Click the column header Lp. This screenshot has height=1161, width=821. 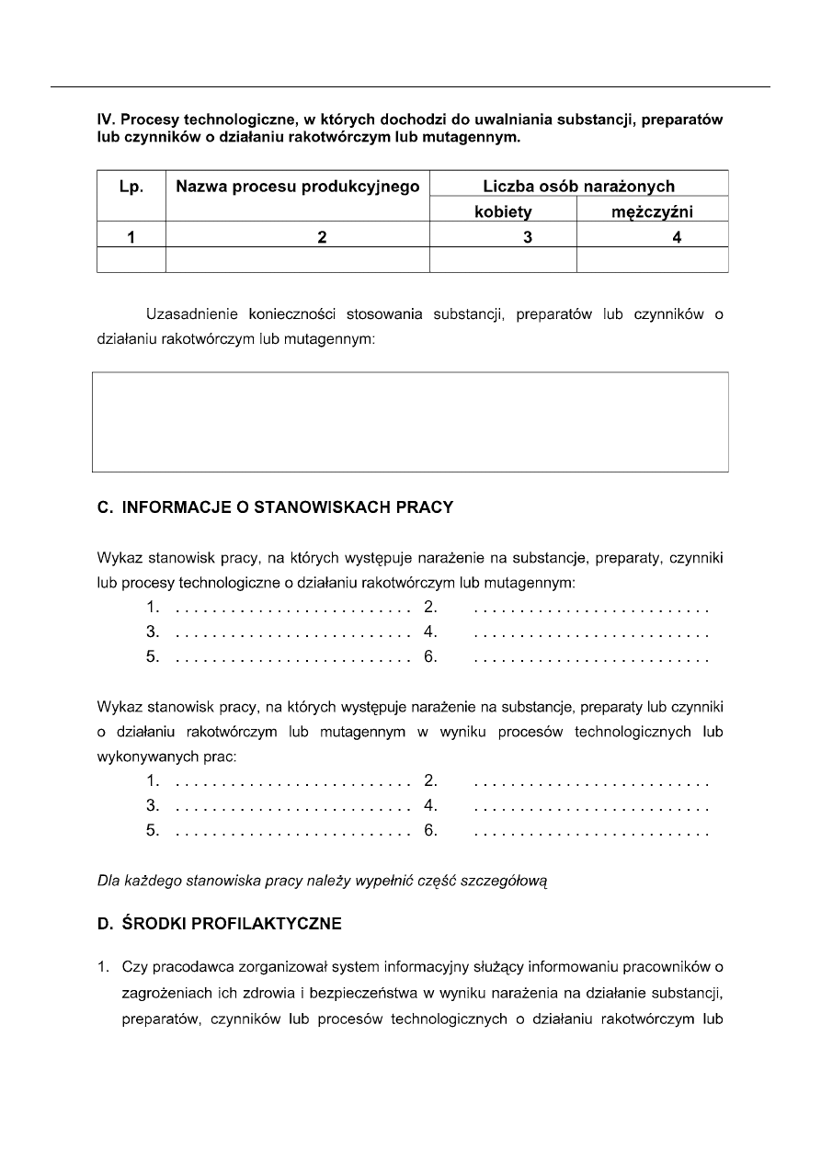tap(131, 187)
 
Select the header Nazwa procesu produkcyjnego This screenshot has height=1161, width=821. tap(298, 187)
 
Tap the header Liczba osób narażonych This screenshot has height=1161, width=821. tap(578, 187)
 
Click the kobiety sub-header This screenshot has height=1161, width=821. tap(503, 212)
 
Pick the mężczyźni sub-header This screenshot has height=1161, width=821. tap(652, 212)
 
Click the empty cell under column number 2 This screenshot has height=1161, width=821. tap(298, 260)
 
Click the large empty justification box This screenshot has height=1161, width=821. tap(412, 422)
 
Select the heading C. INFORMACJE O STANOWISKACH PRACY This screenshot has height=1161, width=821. tap(275, 507)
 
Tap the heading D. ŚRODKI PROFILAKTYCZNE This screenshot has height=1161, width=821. tap(220, 925)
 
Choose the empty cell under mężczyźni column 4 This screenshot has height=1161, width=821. tap(652, 260)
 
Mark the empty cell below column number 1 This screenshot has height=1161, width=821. tap(131, 260)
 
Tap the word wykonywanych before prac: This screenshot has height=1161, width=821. tap(143, 757)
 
